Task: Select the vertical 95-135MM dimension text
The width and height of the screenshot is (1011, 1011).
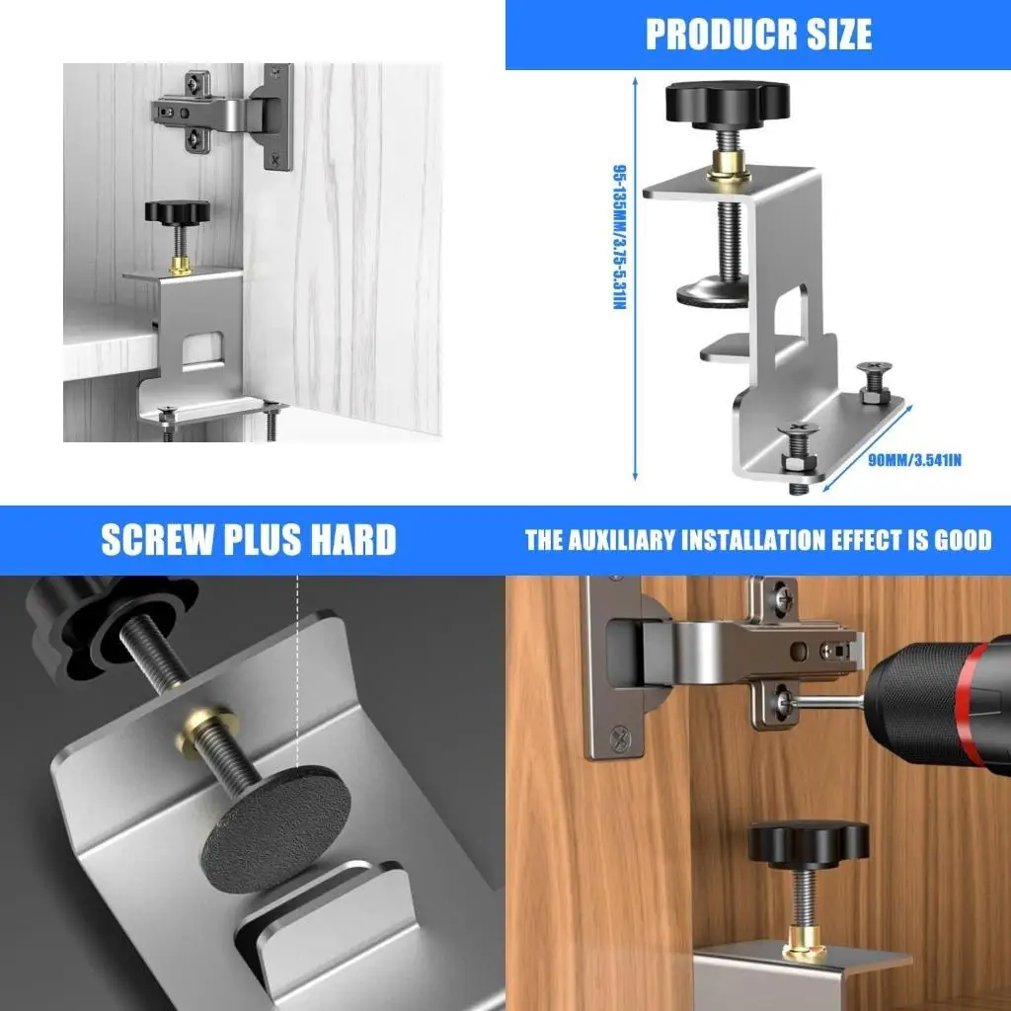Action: (x=620, y=237)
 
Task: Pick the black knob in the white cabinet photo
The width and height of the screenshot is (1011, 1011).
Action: (x=178, y=211)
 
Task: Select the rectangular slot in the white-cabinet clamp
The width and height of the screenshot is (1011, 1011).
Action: (x=203, y=347)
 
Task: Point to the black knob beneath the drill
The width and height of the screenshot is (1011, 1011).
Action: (x=807, y=845)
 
